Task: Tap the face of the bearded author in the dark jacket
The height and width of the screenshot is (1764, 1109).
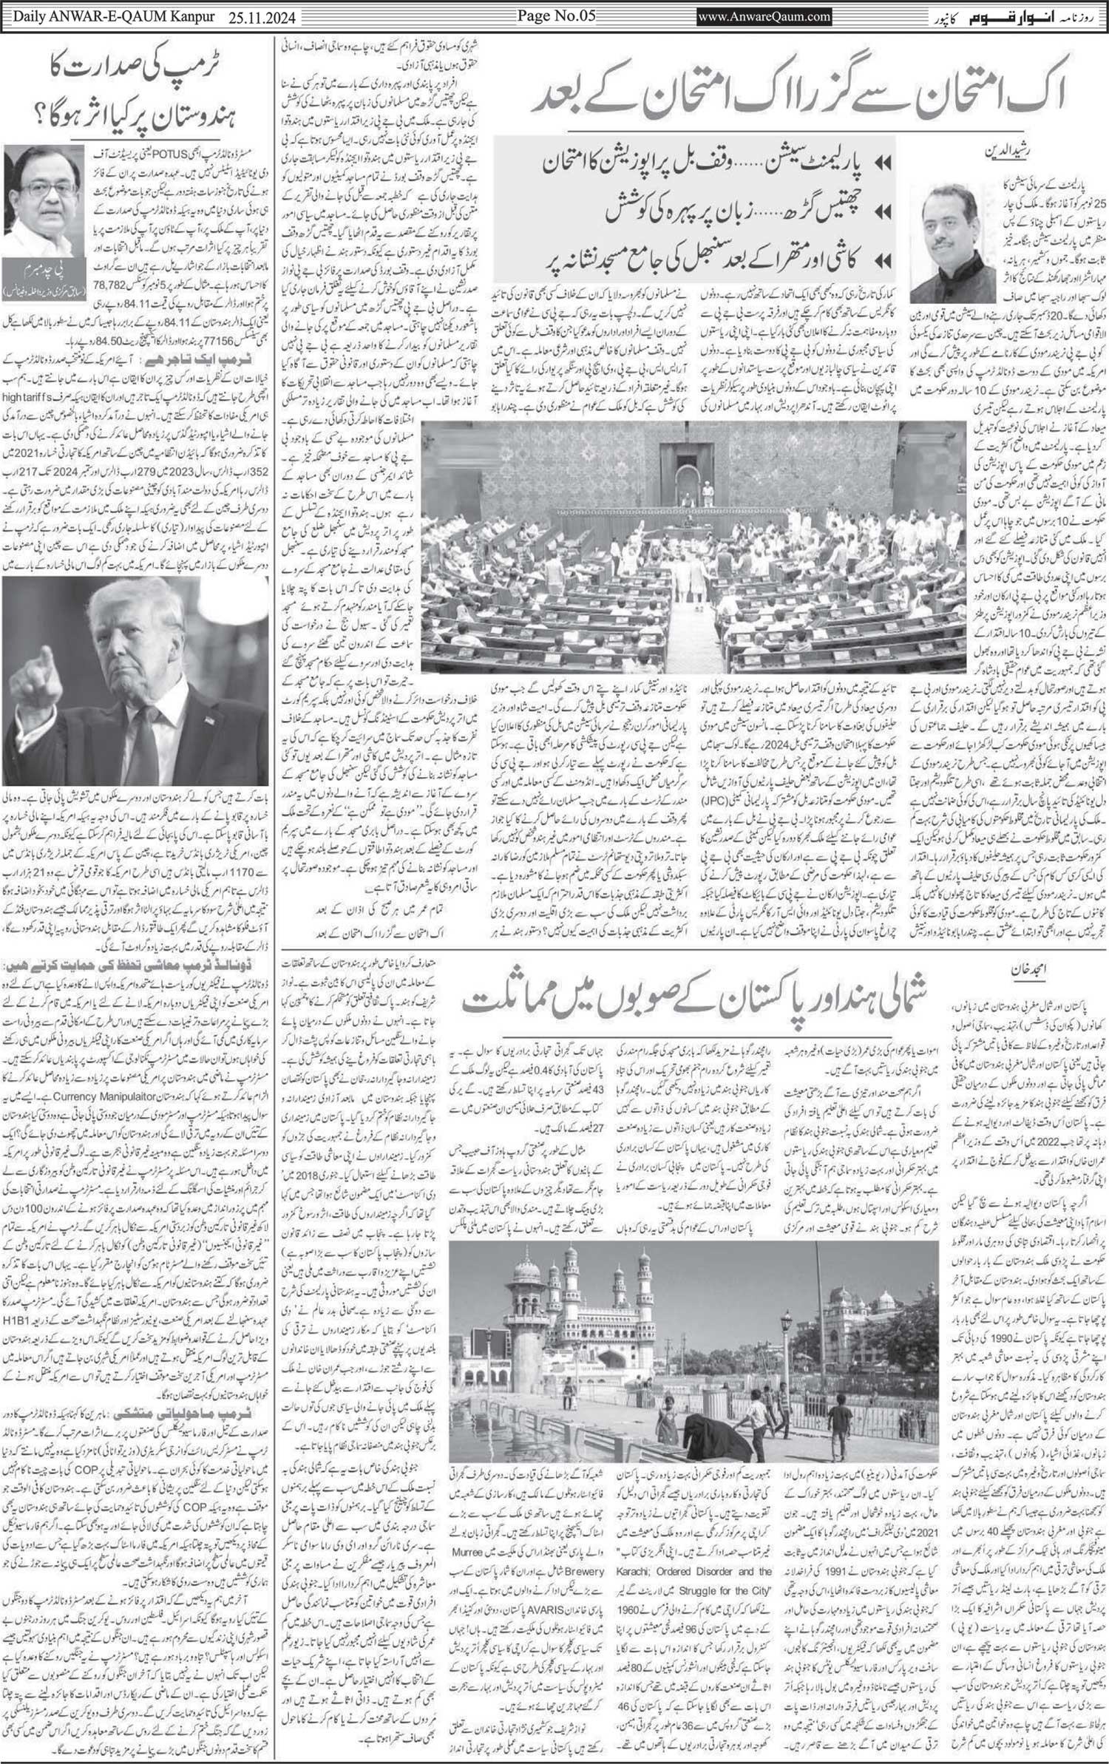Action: (x=944, y=219)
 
